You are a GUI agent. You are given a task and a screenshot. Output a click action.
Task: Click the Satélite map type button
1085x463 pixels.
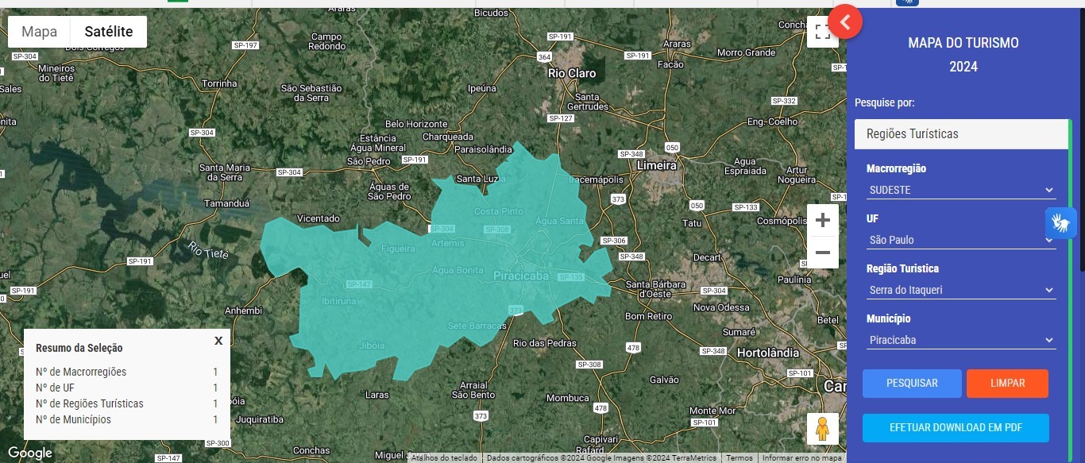coord(109,32)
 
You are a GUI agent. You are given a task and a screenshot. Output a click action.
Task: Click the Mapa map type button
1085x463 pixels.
coord(39,32)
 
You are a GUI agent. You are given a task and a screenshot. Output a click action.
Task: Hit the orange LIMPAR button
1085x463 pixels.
coord(1007,383)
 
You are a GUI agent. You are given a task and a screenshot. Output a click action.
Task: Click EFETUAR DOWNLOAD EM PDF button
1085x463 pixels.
coord(956,427)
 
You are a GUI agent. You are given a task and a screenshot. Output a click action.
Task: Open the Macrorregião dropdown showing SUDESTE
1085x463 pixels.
coord(960,190)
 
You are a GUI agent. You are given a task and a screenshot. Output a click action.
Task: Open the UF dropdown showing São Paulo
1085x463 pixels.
coord(960,240)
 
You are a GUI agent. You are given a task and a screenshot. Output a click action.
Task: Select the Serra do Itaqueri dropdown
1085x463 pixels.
coord(960,290)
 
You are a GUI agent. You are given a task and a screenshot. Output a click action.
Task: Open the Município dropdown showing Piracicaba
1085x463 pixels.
coord(960,340)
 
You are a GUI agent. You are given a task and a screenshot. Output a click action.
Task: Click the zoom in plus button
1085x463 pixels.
coord(823,220)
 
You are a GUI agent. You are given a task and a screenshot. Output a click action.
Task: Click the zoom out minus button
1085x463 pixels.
coord(823,253)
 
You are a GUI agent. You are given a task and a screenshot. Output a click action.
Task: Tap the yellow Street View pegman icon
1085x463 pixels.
coord(822,428)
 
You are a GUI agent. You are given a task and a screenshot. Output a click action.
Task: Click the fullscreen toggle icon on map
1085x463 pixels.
coord(822,32)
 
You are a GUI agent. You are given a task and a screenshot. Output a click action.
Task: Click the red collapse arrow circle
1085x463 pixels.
coord(845,22)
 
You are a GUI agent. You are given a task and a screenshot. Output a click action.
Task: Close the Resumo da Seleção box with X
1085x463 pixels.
coord(218,341)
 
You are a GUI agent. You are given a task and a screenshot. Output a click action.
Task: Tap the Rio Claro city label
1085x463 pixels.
coord(572,73)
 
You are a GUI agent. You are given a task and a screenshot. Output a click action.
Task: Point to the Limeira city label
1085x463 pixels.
coord(656,165)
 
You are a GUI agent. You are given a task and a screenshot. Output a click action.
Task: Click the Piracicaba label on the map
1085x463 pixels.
coord(521,276)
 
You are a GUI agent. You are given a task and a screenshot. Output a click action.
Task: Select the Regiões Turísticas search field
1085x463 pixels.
coord(961,134)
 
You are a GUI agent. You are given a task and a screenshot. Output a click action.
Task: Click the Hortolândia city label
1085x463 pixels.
coord(768,352)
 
